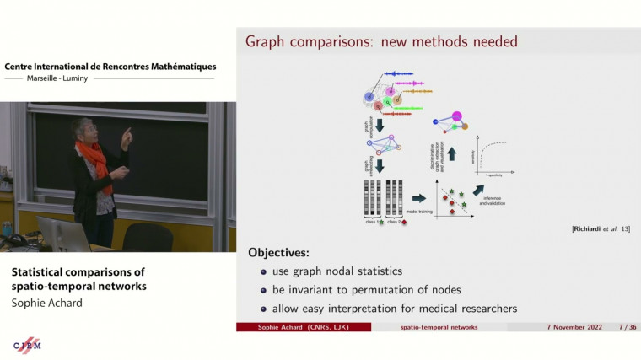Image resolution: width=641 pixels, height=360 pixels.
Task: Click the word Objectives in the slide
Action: tap(280, 252)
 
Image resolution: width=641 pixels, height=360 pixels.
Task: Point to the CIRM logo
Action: tap(28, 346)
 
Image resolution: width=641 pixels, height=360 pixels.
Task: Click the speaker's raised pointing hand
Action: tap(127, 136)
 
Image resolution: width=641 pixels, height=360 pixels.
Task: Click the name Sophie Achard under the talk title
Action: tap(46, 303)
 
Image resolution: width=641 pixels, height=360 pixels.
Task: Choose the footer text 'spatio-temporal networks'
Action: tap(438, 326)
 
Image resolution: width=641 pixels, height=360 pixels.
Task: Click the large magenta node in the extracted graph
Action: tap(456, 116)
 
